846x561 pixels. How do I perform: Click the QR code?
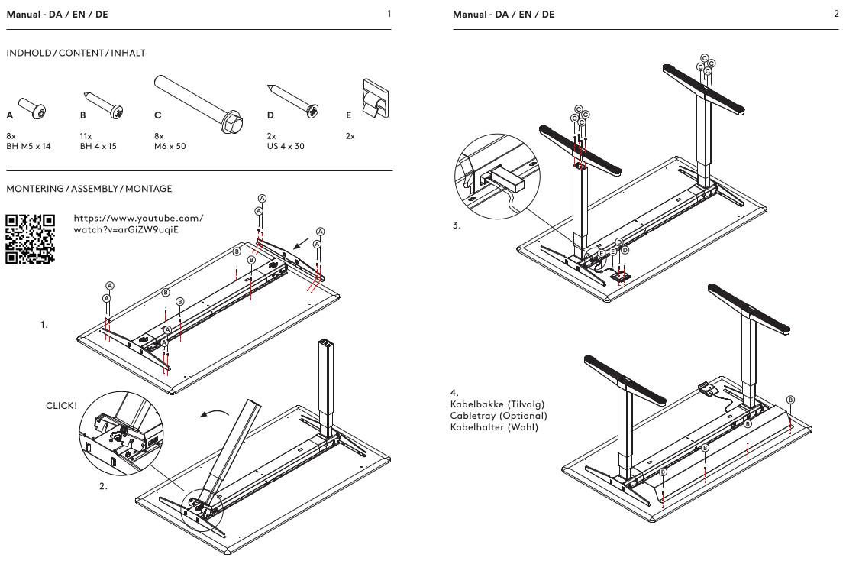pyautogui.click(x=31, y=238)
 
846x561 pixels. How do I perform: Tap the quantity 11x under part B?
pyautogui.click(x=86, y=135)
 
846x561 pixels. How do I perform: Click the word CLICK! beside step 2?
pyautogui.click(x=62, y=405)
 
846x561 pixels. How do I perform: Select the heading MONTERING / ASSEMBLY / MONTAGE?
pyautogui.click(x=89, y=188)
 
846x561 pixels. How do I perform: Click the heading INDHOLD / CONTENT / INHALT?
pyautogui.click(x=76, y=53)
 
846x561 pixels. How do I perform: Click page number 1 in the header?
pyautogui.click(x=389, y=14)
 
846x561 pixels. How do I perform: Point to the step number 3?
pyautogui.click(x=457, y=226)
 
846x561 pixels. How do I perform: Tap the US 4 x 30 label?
pyautogui.click(x=286, y=145)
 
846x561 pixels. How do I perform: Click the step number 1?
pyautogui.click(x=44, y=324)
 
